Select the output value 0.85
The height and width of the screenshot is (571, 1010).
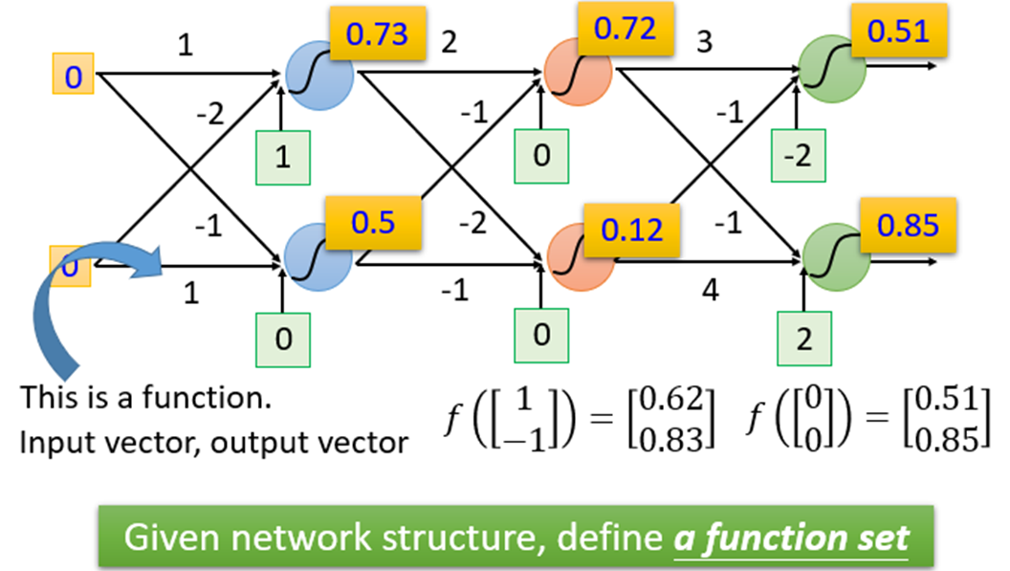tap(904, 227)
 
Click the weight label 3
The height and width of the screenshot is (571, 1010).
tap(706, 44)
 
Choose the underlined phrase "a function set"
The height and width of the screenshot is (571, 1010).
tap(790, 537)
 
